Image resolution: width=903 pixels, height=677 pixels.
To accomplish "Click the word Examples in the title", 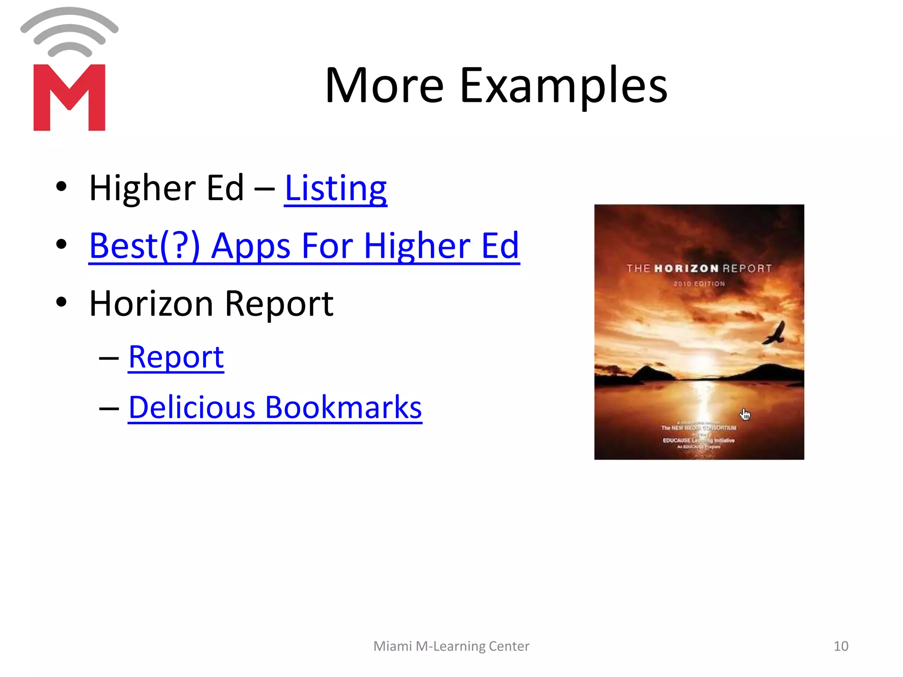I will (563, 86).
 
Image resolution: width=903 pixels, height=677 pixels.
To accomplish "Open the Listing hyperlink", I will (336, 189).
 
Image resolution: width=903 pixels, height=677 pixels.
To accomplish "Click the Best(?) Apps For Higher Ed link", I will (304, 246).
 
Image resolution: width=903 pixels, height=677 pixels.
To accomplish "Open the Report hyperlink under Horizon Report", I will (176, 357).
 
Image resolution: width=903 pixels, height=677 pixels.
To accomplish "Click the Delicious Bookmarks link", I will (275, 407).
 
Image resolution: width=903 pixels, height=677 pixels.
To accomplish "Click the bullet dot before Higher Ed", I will (61, 186).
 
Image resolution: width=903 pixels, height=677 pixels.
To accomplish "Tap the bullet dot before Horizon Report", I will (61, 302).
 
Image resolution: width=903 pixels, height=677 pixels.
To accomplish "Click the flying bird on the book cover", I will (776, 334).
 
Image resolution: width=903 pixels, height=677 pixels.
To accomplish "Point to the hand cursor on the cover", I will (745, 414).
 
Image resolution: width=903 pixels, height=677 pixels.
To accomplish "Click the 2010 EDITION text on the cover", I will (699, 284).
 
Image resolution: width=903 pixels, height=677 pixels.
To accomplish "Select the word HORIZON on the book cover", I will (686, 268).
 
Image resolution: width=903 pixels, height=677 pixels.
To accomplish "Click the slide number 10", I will (841, 646).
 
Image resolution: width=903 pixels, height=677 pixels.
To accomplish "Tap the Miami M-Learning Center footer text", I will (451, 646).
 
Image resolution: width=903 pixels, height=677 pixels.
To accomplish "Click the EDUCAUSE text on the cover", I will (677, 440).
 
